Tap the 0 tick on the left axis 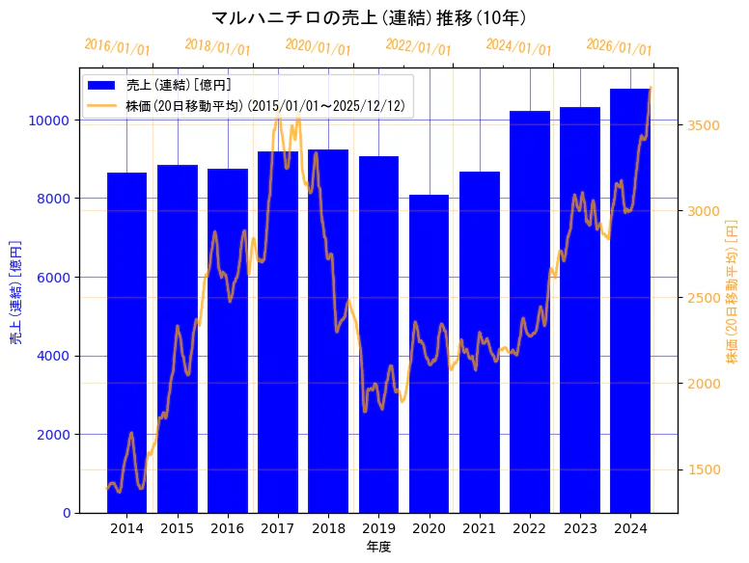click(65, 513)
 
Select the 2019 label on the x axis click(378, 528)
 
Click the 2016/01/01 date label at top click(117, 46)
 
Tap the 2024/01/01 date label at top click(518, 46)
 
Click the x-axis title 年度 click(378, 547)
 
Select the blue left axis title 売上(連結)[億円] click(15, 292)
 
